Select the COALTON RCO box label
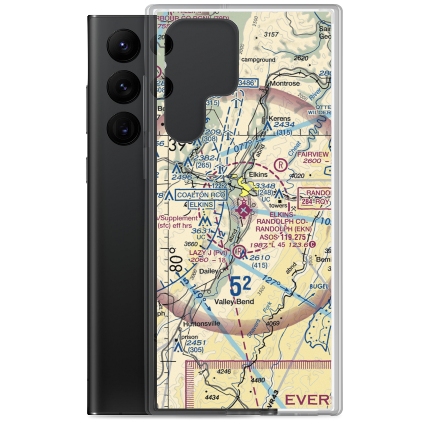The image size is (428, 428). [x=201, y=195]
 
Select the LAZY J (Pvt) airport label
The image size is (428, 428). [x=207, y=253]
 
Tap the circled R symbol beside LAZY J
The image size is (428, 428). [x=238, y=250]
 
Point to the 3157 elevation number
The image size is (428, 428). [x=272, y=34]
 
